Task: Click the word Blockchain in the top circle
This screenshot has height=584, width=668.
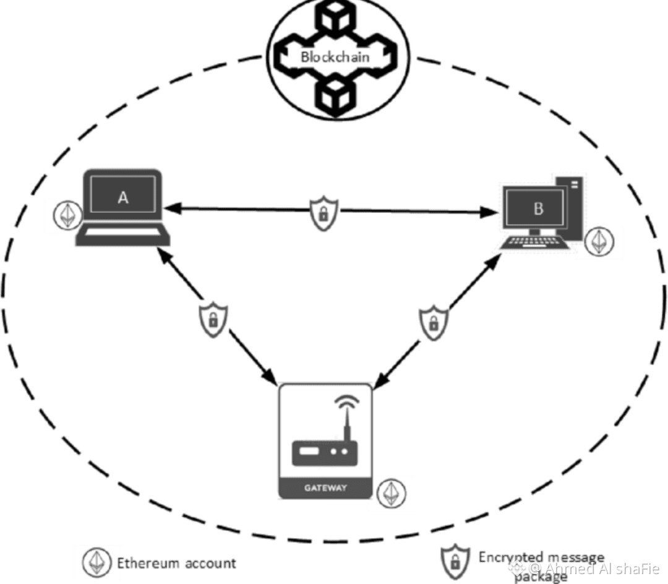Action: tap(335, 57)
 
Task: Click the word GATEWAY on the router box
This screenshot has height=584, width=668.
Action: tap(325, 487)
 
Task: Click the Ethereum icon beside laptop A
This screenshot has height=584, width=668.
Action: tap(65, 214)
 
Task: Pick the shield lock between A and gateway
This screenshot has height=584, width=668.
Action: tap(212, 319)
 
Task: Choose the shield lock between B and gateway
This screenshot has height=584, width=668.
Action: tap(434, 322)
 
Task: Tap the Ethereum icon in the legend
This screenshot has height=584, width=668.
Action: tap(96, 562)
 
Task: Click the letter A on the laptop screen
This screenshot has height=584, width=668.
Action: tap(123, 198)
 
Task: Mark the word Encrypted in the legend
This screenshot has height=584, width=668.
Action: tap(508, 558)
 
